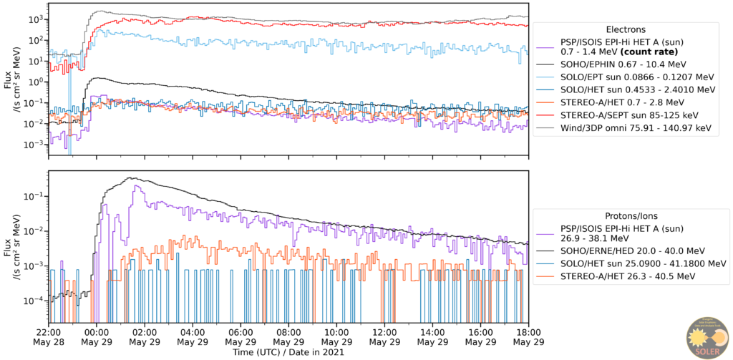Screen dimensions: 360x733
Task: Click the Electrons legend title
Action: pyautogui.click(x=626, y=30)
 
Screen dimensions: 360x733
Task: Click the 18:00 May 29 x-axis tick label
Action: pyautogui.click(x=528, y=337)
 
